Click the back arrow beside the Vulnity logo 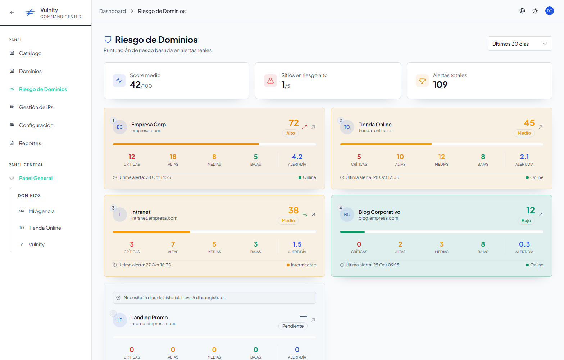[12, 13]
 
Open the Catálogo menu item [30, 53]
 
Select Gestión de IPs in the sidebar [36, 107]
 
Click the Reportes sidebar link [30, 143]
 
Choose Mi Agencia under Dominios [42, 211]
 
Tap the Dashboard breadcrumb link [113, 11]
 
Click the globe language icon [522, 11]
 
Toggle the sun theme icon [535, 11]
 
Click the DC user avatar [549, 11]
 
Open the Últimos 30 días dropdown [520, 44]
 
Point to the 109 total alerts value [440, 85]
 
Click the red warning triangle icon [270, 81]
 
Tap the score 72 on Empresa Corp [294, 123]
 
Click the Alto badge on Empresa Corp [291, 133]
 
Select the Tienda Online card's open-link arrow [541, 127]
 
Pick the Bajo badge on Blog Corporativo [526, 220]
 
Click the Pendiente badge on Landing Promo [293, 326]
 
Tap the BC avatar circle [347, 215]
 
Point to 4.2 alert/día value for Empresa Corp [297, 157]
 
